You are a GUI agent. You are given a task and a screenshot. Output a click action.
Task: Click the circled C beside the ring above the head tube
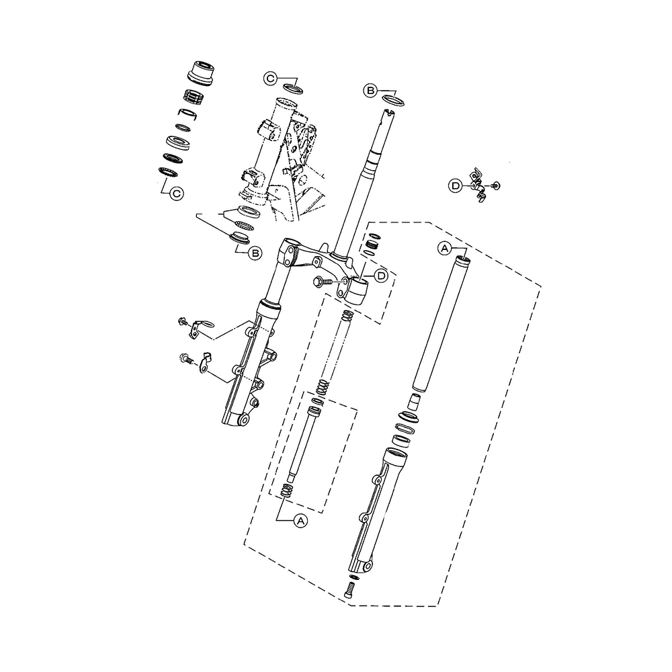[270, 79]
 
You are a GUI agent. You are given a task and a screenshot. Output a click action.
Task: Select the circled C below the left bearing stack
[176, 194]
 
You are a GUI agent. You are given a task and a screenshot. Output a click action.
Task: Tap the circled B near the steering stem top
[371, 91]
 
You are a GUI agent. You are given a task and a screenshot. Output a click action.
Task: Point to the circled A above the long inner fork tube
[444, 248]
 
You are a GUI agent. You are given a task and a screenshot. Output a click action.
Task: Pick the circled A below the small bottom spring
[301, 521]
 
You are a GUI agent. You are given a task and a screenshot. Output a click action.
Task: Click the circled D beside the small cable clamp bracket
[455, 186]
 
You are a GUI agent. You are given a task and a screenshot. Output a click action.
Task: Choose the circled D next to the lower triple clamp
[381, 276]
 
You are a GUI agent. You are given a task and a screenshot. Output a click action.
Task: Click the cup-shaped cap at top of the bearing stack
[201, 73]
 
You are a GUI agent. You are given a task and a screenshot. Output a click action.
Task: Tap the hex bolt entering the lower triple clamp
[323, 282]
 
